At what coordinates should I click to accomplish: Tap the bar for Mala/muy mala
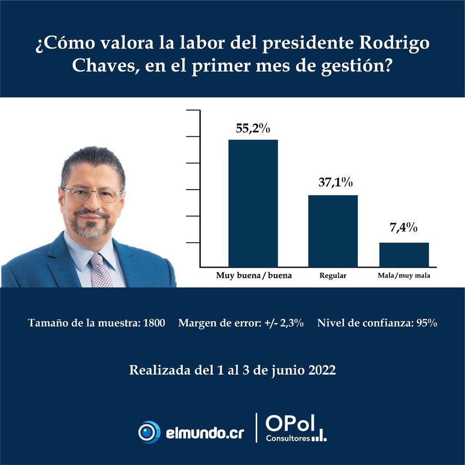[404, 254]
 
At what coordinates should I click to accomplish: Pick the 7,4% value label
[404, 228]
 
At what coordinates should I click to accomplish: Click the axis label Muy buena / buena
[254, 275]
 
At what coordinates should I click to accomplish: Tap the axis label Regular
[333, 276]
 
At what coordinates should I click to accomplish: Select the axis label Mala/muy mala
[404, 276]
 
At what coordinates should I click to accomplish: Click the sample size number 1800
[154, 323]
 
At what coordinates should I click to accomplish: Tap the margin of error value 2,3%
[292, 323]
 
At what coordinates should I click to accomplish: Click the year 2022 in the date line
[321, 370]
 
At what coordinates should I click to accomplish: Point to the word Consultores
[288, 438]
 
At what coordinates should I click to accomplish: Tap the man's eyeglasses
[92, 195]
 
